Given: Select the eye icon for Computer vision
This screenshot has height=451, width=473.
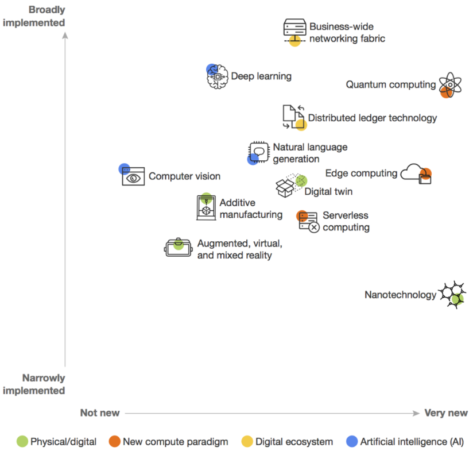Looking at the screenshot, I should (x=133, y=176).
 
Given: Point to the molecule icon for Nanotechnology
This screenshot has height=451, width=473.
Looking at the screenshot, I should (x=451, y=294).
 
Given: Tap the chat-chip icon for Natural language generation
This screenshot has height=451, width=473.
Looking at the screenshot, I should (x=258, y=152).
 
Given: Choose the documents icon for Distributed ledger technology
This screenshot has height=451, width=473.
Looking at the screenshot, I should (x=294, y=117).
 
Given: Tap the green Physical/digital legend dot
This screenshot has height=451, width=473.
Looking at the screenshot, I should (x=22, y=442).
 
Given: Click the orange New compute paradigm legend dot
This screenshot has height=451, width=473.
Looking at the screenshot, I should (x=114, y=442).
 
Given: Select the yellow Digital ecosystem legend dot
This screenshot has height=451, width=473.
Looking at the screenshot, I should (x=247, y=442).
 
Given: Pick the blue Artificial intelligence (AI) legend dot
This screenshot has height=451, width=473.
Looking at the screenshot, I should (x=352, y=442).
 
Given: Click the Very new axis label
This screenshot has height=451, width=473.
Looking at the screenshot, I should (x=445, y=413).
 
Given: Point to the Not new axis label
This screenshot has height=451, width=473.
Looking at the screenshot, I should (x=100, y=413).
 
